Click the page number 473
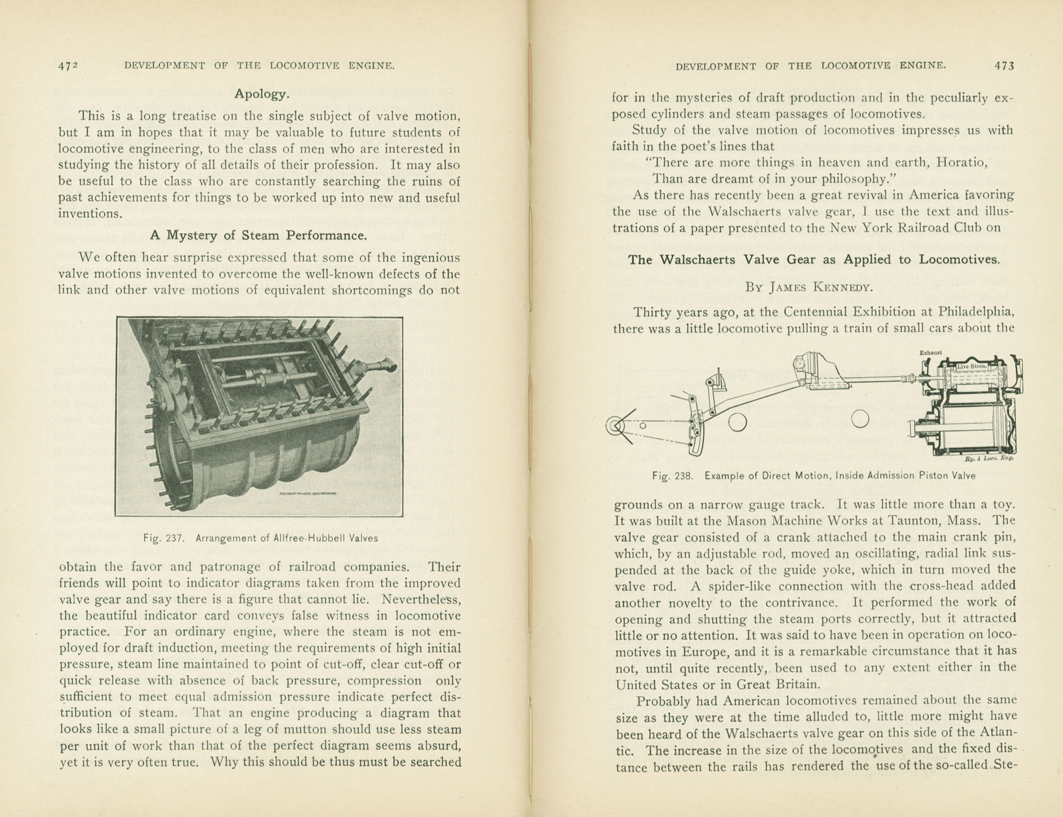pos(1004,65)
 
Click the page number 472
pos(68,65)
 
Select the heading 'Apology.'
pos(262,94)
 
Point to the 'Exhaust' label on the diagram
pos(930,353)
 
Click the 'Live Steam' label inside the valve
pos(972,366)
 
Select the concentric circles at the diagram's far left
pos(615,426)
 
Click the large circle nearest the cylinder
pos(860,419)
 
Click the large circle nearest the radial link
pos(737,423)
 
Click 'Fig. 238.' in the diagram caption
pos(673,476)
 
